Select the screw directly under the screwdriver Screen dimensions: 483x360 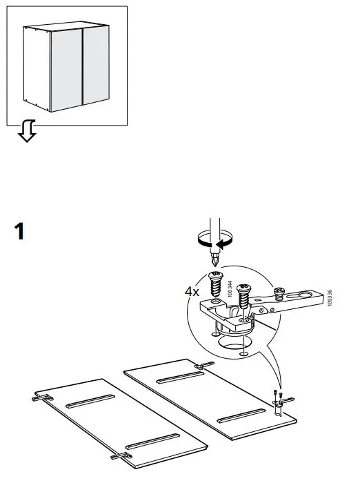coord(216,283)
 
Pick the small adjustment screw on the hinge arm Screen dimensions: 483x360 coord(281,293)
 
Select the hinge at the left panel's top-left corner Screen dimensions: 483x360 coord(42,397)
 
